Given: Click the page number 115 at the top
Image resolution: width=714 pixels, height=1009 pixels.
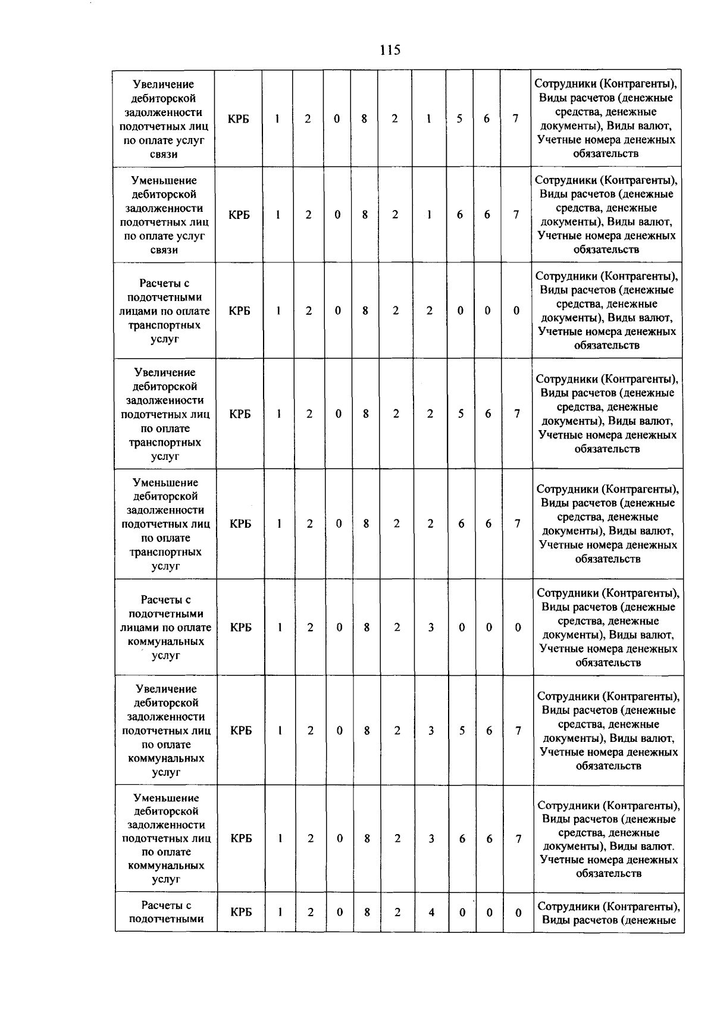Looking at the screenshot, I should [x=390, y=50].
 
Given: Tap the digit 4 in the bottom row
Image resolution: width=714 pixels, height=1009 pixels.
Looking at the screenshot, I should [x=431, y=912].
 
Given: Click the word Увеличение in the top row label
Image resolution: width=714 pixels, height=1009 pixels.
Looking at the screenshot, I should [x=164, y=84].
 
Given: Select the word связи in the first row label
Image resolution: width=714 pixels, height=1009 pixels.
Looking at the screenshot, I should [x=164, y=154].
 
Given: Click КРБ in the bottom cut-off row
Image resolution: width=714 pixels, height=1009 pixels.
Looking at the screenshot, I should [x=241, y=912].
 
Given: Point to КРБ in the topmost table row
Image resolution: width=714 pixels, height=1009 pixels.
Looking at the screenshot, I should [x=238, y=119].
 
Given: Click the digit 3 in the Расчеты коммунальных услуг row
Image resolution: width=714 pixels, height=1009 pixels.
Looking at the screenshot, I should [x=431, y=627].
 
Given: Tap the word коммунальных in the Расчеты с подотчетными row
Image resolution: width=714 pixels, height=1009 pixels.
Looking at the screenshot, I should [x=166, y=641].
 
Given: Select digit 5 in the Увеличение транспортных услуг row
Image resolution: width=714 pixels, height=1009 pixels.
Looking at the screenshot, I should [x=461, y=413].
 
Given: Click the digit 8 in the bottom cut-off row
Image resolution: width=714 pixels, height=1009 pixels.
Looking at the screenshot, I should [x=367, y=912].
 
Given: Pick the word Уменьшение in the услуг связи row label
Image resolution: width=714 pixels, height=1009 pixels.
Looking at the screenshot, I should [x=164, y=180].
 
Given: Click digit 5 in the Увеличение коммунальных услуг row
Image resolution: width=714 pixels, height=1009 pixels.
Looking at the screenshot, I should [x=462, y=731].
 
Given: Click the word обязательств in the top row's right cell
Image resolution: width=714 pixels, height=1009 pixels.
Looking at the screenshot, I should [x=606, y=153].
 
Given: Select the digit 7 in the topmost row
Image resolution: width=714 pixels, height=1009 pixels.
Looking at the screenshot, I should [x=516, y=119].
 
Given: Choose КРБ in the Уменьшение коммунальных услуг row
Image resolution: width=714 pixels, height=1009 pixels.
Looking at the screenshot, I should [x=241, y=838].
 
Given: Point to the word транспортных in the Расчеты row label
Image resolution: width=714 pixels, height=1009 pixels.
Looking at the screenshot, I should [x=165, y=325].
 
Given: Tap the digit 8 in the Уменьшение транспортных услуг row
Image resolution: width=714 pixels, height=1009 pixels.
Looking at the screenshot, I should [x=366, y=524].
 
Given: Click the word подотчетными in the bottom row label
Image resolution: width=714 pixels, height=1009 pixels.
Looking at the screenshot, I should [x=166, y=919].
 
